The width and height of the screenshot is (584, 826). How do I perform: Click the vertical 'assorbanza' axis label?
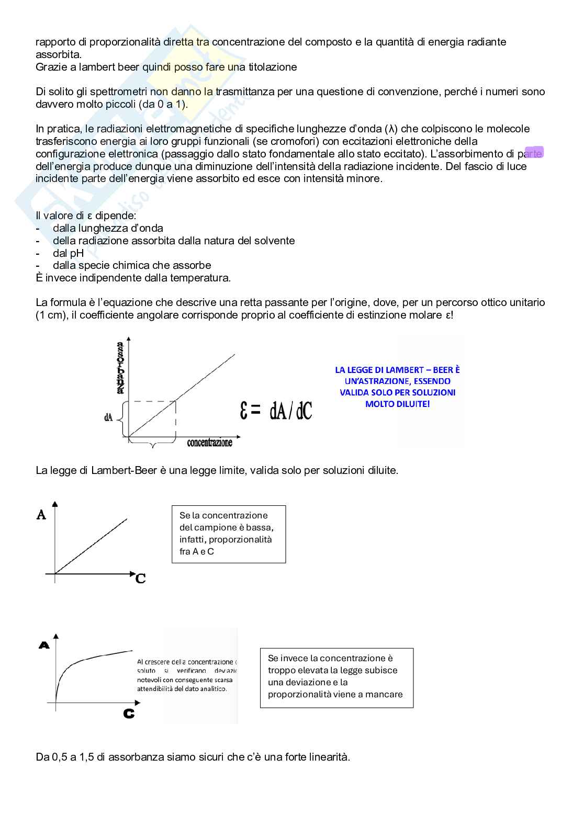[x=120, y=367]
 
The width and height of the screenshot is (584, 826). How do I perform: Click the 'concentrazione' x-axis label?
[x=209, y=443]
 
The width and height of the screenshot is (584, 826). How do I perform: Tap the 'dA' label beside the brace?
[x=108, y=417]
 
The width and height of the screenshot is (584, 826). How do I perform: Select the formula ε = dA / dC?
[x=276, y=412]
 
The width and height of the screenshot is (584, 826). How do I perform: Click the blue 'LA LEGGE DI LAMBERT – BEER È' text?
[x=397, y=370]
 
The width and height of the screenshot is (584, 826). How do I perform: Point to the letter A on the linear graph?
[x=41, y=515]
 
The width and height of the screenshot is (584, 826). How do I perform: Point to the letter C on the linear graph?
[x=140, y=579]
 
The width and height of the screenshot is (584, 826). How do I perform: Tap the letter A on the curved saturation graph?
[x=44, y=646]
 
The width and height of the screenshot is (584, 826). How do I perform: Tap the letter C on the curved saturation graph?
[x=129, y=714]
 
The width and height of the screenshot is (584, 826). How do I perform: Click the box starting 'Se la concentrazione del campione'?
[x=229, y=534]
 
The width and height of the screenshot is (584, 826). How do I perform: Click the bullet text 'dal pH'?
[x=68, y=253]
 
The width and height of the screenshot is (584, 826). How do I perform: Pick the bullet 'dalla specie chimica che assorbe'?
[x=132, y=265]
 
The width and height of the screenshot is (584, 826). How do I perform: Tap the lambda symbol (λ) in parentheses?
[x=391, y=129]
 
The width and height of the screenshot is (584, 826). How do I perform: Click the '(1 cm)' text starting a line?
[x=51, y=315]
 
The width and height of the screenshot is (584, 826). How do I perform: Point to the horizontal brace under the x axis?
[x=152, y=444]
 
